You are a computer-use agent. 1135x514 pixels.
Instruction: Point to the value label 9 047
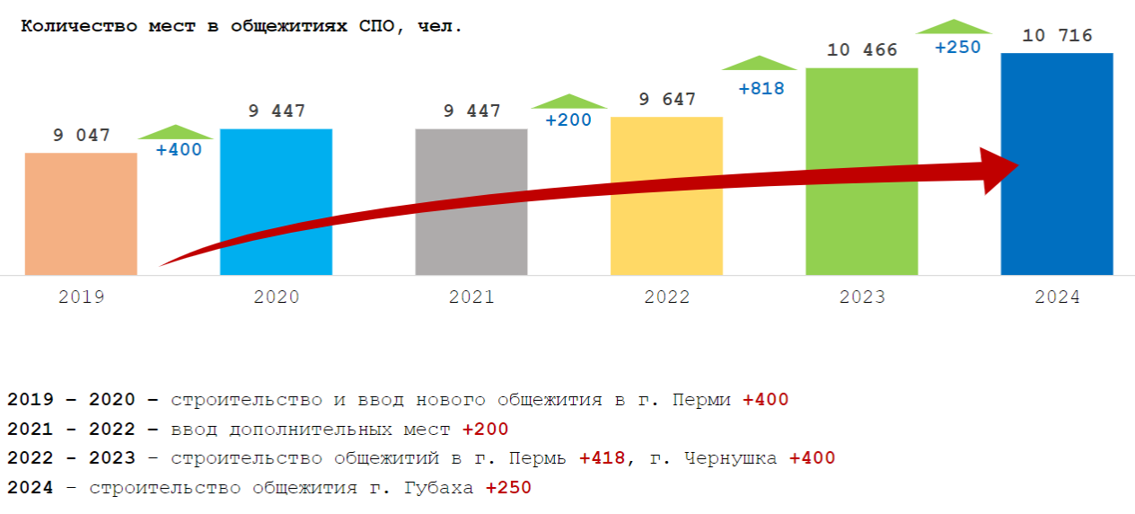pyautogui.click(x=81, y=136)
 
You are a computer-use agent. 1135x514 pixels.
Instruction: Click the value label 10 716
pyautogui.click(x=1057, y=36)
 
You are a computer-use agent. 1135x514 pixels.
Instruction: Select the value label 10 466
pyautogui.click(x=861, y=50)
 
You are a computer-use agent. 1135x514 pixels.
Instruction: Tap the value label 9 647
pyautogui.click(x=666, y=100)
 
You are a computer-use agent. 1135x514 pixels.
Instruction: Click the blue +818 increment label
pyautogui.click(x=761, y=89)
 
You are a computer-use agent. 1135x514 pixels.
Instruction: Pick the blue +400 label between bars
pyautogui.click(x=179, y=150)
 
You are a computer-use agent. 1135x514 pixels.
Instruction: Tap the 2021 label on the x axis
pyautogui.click(x=471, y=297)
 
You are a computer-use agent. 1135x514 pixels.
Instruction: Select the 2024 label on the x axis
pyautogui.click(x=1057, y=297)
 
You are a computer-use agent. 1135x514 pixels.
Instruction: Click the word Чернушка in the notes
pyautogui.click(x=730, y=458)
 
